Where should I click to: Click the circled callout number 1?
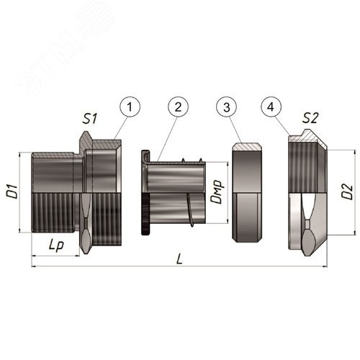coord(130,107)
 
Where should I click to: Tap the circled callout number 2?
coord(178,107)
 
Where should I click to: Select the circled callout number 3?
coord(227,107)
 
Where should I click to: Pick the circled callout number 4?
coord(271,107)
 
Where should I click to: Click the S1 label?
coord(90,119)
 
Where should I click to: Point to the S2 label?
coord(310,118)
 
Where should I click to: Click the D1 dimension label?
coord(12,192)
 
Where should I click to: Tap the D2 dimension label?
coord(348,192)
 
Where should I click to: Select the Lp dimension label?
coord(56,246)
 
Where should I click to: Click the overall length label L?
coord(179,259)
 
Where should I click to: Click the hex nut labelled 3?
coord(247,192)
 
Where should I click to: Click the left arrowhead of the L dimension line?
coord(34,266)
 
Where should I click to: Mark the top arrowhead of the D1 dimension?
coord(19,154)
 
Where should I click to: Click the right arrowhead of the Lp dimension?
coord(77,256)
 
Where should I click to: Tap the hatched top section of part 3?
coord(247,147)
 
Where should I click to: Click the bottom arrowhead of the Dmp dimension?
coord(228,221)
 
